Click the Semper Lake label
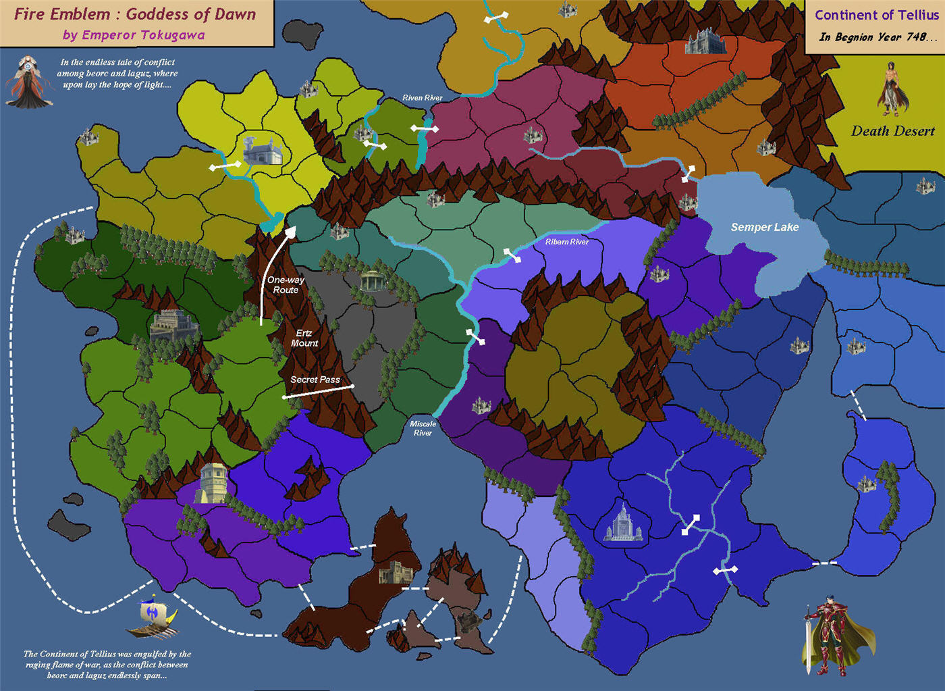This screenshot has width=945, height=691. coord(764,227)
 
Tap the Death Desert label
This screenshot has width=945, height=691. coord(892,131)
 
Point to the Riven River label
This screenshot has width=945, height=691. coord(422,98)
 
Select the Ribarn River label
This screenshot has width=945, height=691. coord(566,242)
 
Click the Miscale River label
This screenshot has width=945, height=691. coord(423,428)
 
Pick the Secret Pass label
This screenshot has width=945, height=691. coord(315,380)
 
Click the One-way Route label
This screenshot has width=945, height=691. coord(286,284)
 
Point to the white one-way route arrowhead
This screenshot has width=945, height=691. coord(290,232)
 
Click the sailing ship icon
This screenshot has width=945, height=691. coord(154,617)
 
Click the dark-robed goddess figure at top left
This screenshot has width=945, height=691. coord(28,82)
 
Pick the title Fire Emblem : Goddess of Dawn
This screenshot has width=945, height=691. coord(135,14)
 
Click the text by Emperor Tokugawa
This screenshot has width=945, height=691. coord(134,35)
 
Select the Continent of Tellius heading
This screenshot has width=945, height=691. coord(876,15)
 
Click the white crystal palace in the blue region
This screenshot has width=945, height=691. coord(622,522)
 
